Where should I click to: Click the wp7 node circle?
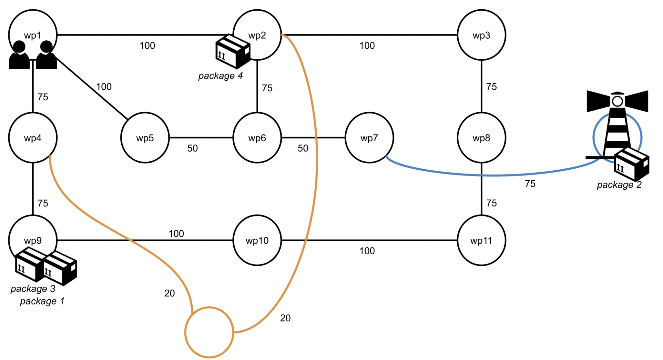point(369,138)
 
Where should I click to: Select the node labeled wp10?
point(257,241)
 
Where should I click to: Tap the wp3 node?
point(481,35)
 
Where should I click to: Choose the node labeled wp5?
point(145,138)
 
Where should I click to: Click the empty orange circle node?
point(209,332)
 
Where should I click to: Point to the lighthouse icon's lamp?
point(617,101)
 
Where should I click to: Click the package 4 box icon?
point(233,52)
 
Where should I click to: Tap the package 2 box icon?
point(631,165)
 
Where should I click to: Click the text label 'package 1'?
point(42,301)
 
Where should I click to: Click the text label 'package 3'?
point(33,289)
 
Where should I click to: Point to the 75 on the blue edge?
point(530,184)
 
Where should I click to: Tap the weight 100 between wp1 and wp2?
point(147,46)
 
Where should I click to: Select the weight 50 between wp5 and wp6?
point(192,148)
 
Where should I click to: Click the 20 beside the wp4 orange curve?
point(169,293)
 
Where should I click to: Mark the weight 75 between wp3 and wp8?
point(491,87)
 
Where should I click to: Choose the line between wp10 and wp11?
point(368,240)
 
